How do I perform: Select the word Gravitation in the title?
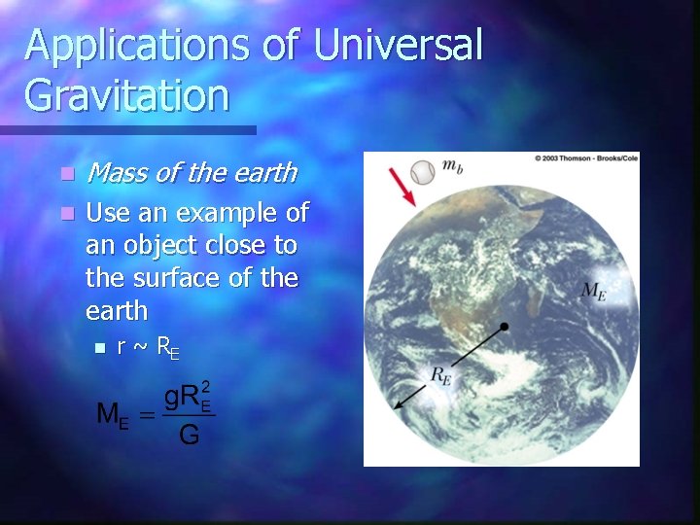coord(127,96)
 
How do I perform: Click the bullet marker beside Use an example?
coord(66,213)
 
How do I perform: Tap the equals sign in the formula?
coord(146,415)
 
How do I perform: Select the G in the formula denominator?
coord(189,436)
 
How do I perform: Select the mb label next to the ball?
coord(452,166)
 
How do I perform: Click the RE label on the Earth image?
coord(441,376)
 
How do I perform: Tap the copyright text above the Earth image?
coord(584,157)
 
